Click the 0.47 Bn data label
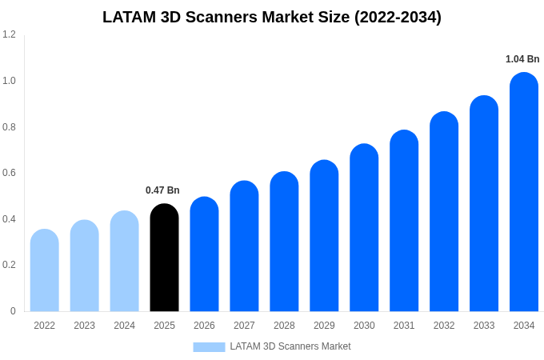(162, 190)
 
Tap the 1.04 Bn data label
(522, 59)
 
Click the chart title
(272, 17)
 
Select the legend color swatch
(209, 346)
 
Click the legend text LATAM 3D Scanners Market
(290, 346)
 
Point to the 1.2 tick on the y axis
(9, 34)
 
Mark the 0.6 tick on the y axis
(9, 173)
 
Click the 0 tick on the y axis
(13, 311)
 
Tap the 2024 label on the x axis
(124, 326)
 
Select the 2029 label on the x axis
(324, 326)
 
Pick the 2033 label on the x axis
(484, 326)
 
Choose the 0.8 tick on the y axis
(9, 126)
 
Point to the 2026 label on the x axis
(204, 326)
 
